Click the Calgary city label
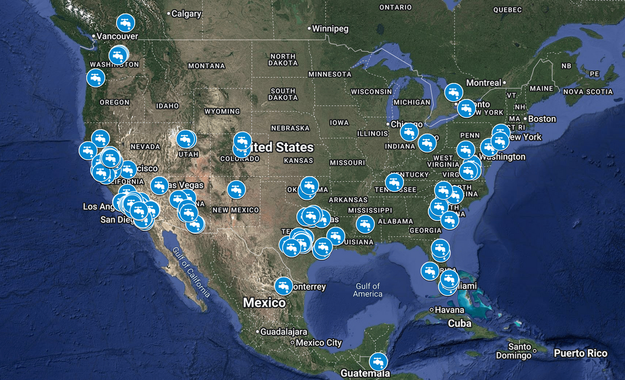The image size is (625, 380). click(x=186, y=14)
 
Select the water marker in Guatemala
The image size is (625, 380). click(x=378, y=361)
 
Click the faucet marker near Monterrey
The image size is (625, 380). click(x=284, y=286)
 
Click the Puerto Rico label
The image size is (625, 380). click(x=581, y=353)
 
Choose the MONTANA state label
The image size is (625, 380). click(x=206, y=66)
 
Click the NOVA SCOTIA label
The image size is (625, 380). click(x=589, y=91)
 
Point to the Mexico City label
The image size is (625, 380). click(x=318, y=343)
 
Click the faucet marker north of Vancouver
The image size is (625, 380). click(x=126, y=23)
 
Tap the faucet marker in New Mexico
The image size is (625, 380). click(x=236, y=189)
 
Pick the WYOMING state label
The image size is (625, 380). click(x=222, y=111)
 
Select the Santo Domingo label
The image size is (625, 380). click(x=519, y=351)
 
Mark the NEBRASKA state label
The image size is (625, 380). click(x=290, y=128)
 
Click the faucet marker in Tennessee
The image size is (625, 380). click(x=394, y=182)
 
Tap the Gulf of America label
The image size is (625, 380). click(x=368, y=290)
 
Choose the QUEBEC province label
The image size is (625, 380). click(x=507, y=10)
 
